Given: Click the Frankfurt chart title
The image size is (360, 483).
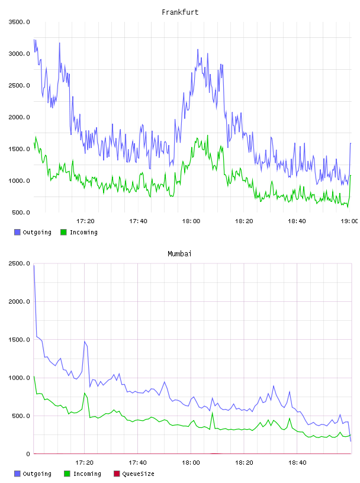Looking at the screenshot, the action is (x=180, y=12).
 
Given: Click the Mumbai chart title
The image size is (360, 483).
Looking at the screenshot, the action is (x=179, y=254).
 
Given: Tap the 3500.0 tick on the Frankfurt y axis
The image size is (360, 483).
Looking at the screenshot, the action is (x=19, y=22).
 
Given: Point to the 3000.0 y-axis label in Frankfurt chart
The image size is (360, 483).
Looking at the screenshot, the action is (x=19, y=54).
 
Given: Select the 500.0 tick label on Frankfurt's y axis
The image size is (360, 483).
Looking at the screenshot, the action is (x=21, y=212).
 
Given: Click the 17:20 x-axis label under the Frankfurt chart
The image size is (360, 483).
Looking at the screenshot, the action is (x=85, y=221).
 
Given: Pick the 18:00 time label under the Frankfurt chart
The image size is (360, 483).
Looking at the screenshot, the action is (x=191, y=221).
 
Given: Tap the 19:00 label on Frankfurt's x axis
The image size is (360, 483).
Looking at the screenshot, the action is (x=349, y=221).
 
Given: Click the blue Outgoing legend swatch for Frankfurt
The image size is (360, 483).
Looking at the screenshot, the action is (x=17, y=232).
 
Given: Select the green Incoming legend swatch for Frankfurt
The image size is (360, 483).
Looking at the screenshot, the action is (x=63, y=232).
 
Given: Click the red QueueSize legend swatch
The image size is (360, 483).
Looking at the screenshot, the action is (x=117, y=474).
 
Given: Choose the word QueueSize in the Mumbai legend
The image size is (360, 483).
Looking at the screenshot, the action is (x=138, y=474).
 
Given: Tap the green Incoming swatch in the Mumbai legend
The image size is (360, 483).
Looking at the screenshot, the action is (x=67, y=474).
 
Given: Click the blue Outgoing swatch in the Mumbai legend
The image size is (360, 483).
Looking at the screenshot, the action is (x=17, y=474).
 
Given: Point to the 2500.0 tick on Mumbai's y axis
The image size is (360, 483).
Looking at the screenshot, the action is (x=19, y=263).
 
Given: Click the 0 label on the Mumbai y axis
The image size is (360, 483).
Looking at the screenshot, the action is (x=28, y=454).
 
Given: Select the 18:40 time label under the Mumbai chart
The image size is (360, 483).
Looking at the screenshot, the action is (x=297, y=463).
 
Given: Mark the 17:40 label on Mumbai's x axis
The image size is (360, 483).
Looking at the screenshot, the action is (x=137, y=463).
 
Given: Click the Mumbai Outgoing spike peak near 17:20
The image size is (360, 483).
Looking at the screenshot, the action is (x=85, y=342).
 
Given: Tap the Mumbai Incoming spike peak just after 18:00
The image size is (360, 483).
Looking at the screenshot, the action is (x=213, y=413).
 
